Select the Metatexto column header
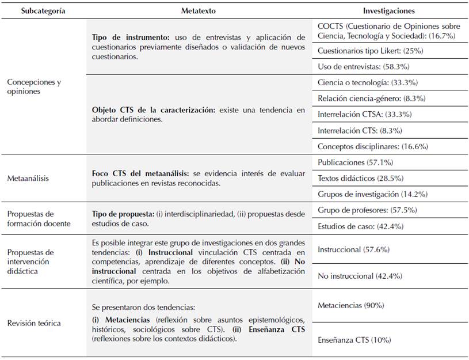pos(198,10)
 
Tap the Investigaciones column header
pos(388,10)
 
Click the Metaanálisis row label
pos(28,178)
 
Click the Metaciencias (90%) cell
pos(350,305)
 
